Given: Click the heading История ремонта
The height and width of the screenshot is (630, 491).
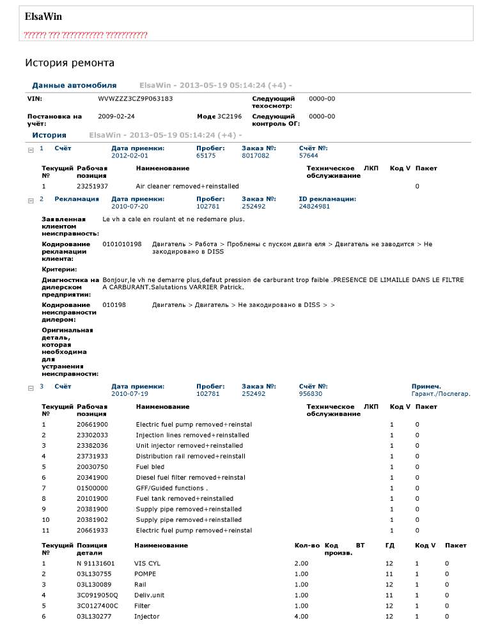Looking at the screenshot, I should tap(70, 63).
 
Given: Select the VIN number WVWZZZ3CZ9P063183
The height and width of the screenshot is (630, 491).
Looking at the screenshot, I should tap(135, 99).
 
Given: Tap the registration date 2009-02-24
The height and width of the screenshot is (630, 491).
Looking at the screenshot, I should tap(116, 117).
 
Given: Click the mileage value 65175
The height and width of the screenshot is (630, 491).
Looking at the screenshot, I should tap(206, 155).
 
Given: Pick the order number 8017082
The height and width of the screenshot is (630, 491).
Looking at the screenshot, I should tap(255, 155).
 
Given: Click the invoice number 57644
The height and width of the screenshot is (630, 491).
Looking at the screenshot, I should tap(308, 155).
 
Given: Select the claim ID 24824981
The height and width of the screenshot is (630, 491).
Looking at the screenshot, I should tap(315, 207).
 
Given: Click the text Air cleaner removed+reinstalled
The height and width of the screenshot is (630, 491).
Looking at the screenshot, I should tap(187, 186).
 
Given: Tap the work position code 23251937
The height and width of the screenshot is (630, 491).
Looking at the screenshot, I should tap(92, 186).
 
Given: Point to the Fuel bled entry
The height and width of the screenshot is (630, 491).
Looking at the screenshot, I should tap(150, 467).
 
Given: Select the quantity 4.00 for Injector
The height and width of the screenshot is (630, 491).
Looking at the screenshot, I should tap(301, 617).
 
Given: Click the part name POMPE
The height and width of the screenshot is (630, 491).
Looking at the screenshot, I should tap(145, 574).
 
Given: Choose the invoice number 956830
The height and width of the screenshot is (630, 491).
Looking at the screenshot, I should tap(310, 394).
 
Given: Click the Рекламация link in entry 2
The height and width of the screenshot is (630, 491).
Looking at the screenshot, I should tap(77, 199).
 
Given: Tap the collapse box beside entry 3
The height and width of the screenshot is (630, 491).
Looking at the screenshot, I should tap(30, 388).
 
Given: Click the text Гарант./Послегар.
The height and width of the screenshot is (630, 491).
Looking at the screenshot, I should tap(440, 394).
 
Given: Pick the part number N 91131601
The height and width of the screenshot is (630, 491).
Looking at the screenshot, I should tap(96, 563).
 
